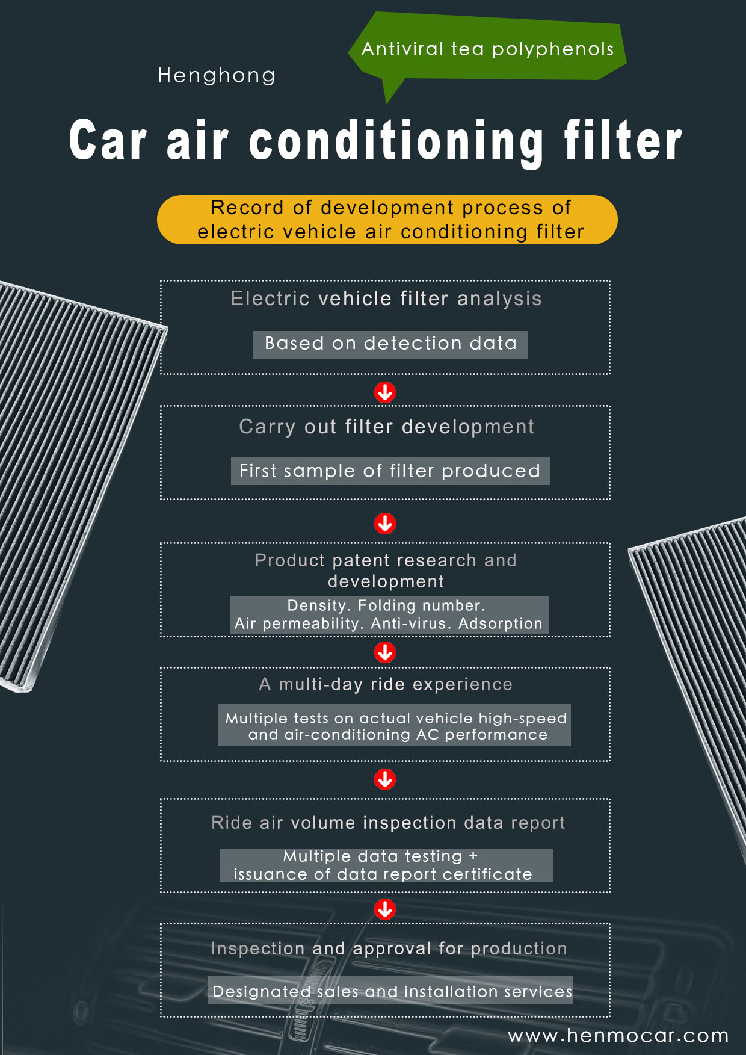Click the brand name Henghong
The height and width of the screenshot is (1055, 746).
point(217,76)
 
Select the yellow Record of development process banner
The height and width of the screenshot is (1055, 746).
point(387,220)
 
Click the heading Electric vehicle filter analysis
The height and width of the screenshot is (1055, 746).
point(386,299)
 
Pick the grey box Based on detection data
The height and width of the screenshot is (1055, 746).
point(390,344)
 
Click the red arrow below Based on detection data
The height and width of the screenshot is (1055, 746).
point(385,392)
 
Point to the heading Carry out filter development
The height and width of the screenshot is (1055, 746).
point(386,427)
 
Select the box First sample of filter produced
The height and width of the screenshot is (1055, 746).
point(390,471)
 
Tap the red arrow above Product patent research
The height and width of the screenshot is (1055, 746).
point(385,524)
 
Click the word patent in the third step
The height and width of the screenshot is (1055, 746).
point(360,561)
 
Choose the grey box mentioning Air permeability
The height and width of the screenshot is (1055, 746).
point(389,615)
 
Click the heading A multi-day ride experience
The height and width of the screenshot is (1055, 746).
point(386,685)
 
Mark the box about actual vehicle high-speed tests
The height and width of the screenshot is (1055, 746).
point(394,725)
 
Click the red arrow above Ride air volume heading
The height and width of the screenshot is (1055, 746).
point(385,779)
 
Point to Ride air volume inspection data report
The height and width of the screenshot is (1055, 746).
point(388,823)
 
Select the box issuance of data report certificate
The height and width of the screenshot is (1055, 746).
point(386,865)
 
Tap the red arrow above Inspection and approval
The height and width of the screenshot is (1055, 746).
point(385,909)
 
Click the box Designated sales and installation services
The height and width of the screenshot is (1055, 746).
point(390,990)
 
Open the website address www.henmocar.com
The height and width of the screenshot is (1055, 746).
point(618,1036)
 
